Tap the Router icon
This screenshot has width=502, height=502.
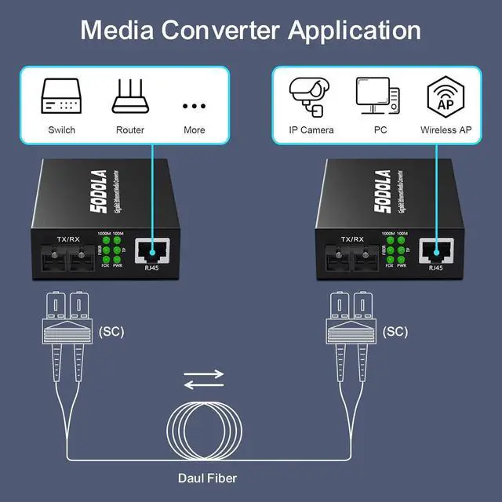(129, 96)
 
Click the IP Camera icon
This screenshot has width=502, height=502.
(311, 96)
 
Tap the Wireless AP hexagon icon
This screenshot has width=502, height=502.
(445, 96)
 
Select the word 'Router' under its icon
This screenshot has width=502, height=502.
(130, 130)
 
